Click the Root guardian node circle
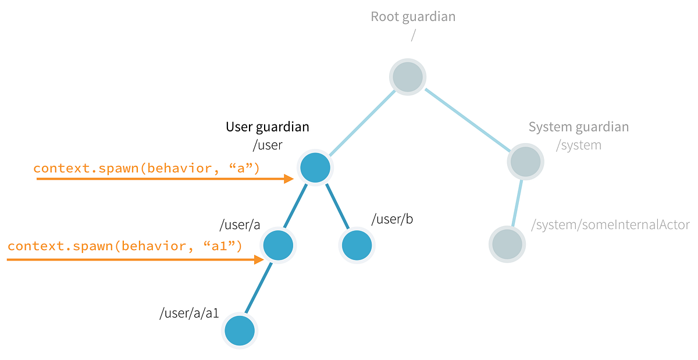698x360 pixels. [407, 77]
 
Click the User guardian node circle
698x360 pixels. [315, 168]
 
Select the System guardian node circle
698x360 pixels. [525, 161]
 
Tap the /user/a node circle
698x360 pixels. [278, 245]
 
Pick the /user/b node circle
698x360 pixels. [357, 245]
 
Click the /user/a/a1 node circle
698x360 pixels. [240, 331]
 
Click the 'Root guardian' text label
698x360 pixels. [413, 16]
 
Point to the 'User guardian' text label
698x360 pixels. [268, 127]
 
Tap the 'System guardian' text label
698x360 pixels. [578, 127]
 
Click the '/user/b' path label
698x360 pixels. [392, 219]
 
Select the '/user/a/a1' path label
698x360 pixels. [189, 313]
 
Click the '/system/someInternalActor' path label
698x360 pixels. [610, 225]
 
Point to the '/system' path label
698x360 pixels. [578, 145]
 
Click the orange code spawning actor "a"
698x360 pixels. [146, 168]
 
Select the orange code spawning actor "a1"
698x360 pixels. [124, 246]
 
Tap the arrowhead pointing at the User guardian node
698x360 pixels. [289, 179]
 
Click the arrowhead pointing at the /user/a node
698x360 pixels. [259, 260]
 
